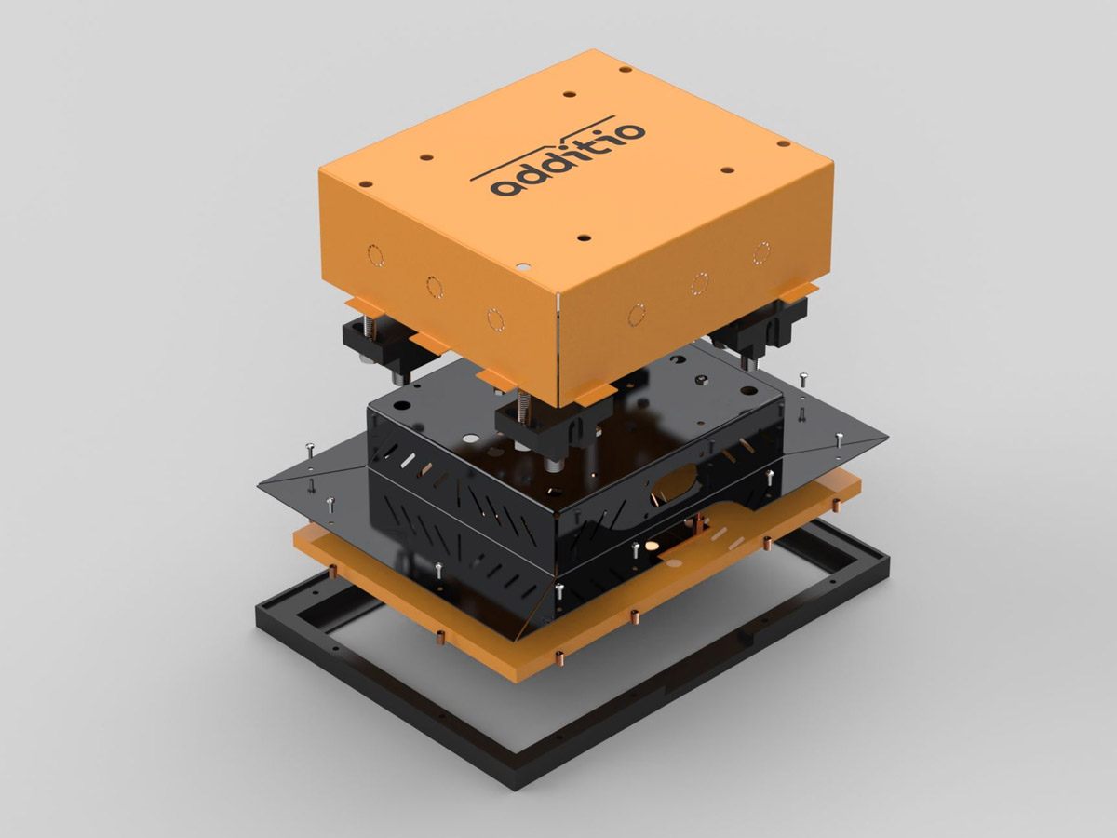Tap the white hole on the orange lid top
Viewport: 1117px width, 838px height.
click(522, 266)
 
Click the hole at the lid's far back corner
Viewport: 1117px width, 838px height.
click(626, 69)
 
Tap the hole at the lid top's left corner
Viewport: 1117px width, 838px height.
click(366, 183)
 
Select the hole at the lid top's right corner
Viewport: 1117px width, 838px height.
click(784, 144)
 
